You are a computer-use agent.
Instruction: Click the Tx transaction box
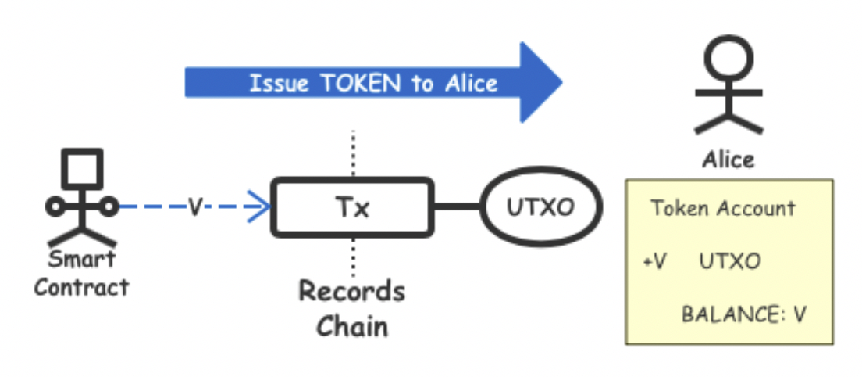(x=352, y=208)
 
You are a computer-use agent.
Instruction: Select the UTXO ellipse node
(x=541, y=207)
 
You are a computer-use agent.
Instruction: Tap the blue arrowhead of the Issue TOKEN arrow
(x=539, y=82)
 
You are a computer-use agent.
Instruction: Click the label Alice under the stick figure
(x=728, y=160)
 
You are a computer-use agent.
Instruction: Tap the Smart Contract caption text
(x=81, y=273)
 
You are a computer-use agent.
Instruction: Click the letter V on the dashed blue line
(x=195, y=207)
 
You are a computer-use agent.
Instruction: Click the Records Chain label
(x=352, y=308)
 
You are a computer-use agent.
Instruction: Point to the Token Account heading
(x=723, y=209)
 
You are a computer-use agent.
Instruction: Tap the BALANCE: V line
(x=743, y=314)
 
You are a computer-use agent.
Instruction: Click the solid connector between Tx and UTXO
(x=457, y=207)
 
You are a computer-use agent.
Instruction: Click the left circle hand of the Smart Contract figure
(x=55, y=206)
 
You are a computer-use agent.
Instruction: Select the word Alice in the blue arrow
(x=469, y=83)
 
